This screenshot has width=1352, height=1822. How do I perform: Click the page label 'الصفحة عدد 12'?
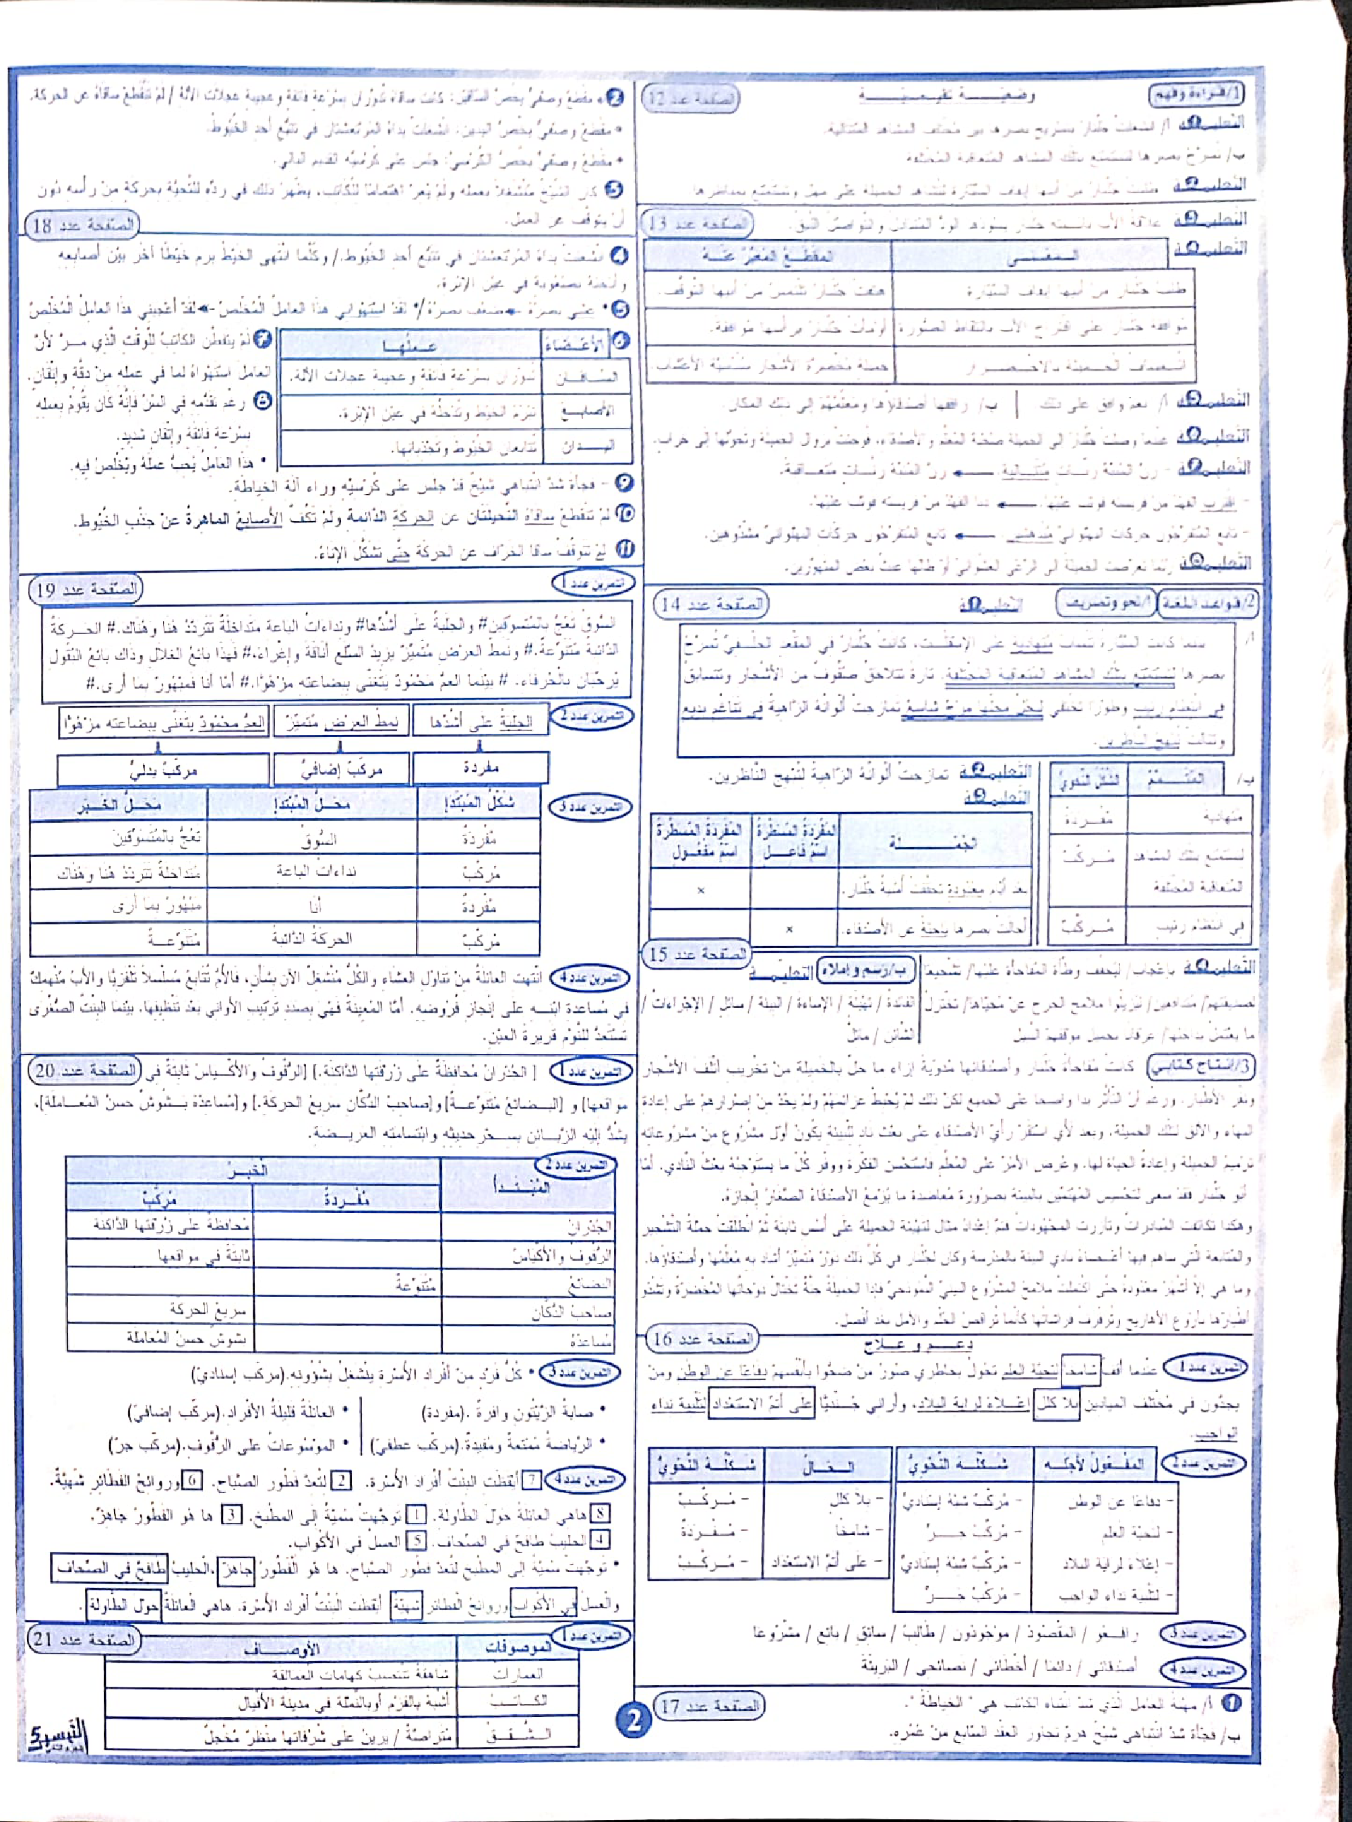[x=691, y=99]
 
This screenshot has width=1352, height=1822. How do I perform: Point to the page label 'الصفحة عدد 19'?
[x=86, y=589]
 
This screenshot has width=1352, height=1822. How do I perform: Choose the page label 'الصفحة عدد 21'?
[x=83, y=1639]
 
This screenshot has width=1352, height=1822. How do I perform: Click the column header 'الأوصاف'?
[x=282, y=1649]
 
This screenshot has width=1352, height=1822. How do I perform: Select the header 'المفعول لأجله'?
[x=1093, y=1464]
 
